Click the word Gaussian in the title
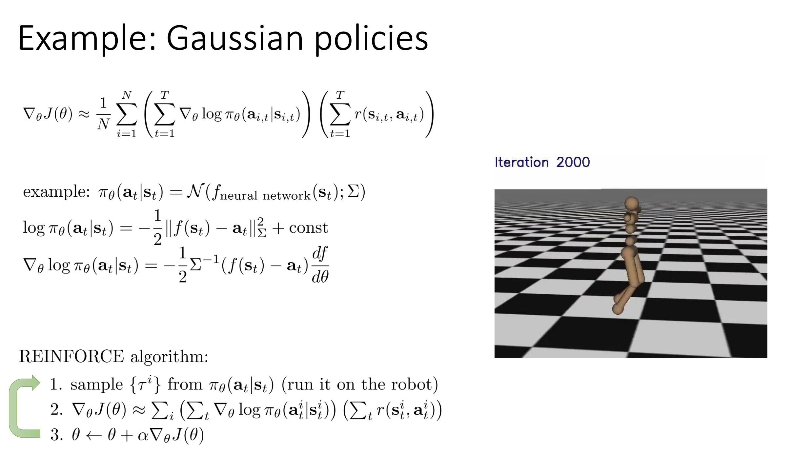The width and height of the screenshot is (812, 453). coord(235,38)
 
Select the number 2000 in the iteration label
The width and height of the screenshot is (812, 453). coord(573,162)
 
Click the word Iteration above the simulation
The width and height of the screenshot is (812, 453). coord(521,162)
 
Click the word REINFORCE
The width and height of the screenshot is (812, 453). coord(71,356)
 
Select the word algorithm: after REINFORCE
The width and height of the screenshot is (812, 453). coord(169,357)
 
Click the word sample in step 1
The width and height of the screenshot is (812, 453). coord(96,385)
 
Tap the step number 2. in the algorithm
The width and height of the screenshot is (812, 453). coord(56,410)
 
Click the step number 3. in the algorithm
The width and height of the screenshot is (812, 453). coord(56,435)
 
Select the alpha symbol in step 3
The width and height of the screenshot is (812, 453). coord(143,436)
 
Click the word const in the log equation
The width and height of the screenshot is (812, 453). coord(308,227)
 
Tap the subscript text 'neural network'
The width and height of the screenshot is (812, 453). coord(265,196)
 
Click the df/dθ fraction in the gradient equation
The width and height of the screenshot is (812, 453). coord(320,265)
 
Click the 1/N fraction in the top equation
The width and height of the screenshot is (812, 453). coord(103,114)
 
